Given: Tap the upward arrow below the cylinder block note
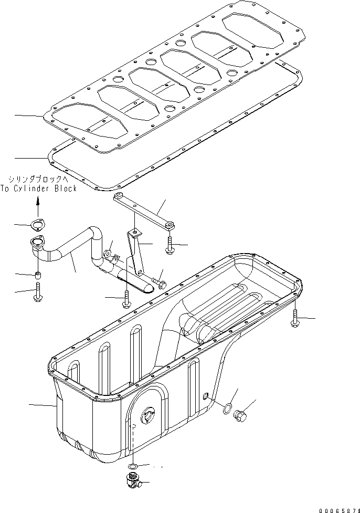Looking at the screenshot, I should click(x=38, y=201).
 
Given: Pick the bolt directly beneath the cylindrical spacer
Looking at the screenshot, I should click(x=38, y=291).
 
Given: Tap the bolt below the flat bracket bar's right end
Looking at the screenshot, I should click(x=170, y=245).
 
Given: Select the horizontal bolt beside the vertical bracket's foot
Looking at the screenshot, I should click(x=158, y=284).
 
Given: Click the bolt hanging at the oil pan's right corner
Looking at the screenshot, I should click(x=294, y=318).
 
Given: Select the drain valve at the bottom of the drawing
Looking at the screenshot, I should click(x=133, y=481).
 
